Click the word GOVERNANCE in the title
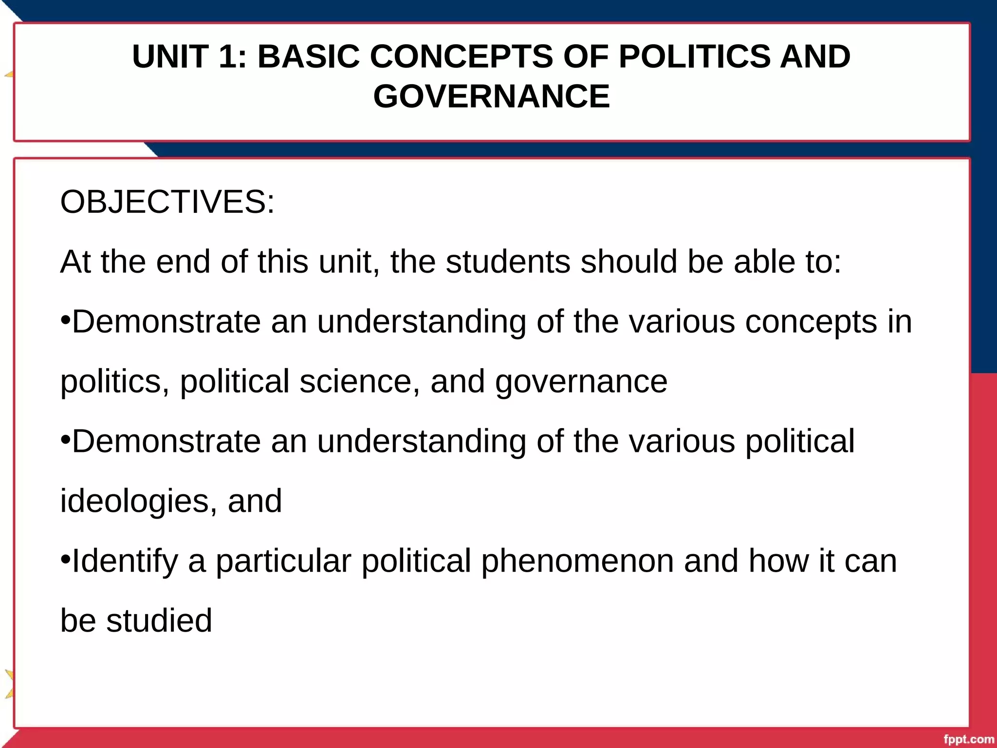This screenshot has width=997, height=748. [491, 96]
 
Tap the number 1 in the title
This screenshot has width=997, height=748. [228, 56]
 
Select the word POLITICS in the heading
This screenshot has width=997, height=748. [694, 56]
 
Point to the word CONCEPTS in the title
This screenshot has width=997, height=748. [461, 56]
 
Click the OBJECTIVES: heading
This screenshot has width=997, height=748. [167, 202]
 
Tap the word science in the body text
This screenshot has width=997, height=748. [356, 381]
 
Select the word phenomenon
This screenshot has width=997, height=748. [577, 561]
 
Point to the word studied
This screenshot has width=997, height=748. [159, 621]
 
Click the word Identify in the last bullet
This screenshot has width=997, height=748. [125, 561]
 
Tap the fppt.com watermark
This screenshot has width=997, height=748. [968, 740]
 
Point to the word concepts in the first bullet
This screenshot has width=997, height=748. [811, 322]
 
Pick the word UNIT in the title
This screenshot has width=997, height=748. [170, 56]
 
